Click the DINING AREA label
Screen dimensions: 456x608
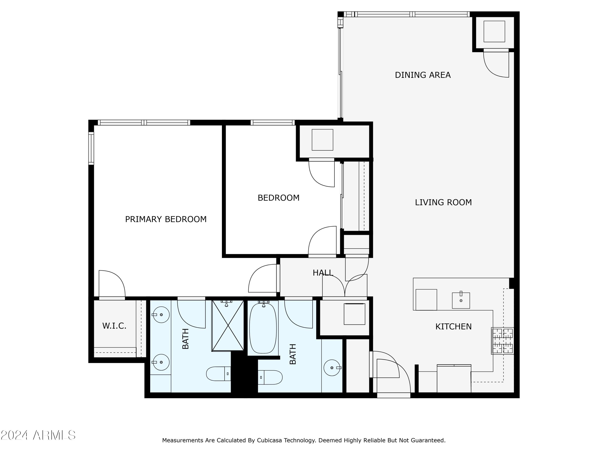click(423, 75)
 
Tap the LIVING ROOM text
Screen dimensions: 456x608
click(443, 203)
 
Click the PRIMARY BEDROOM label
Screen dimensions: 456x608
click(166, 219)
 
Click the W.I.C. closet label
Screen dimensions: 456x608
click(114, 326)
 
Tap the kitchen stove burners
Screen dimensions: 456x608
click(502, 341)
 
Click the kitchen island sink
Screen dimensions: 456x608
click(461, 300)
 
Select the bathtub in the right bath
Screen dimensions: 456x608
click(263, 328)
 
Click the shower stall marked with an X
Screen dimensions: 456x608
click(228, 326)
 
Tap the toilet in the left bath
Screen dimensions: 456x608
click(218, 374)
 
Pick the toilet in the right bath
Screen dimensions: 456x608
click(270, 377)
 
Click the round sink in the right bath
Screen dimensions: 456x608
click(332, 367)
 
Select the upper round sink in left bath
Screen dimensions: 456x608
click(161, 315)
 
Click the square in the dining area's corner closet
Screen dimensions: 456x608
click(494, 31)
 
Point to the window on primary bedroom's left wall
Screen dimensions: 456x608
click(91, 148)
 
